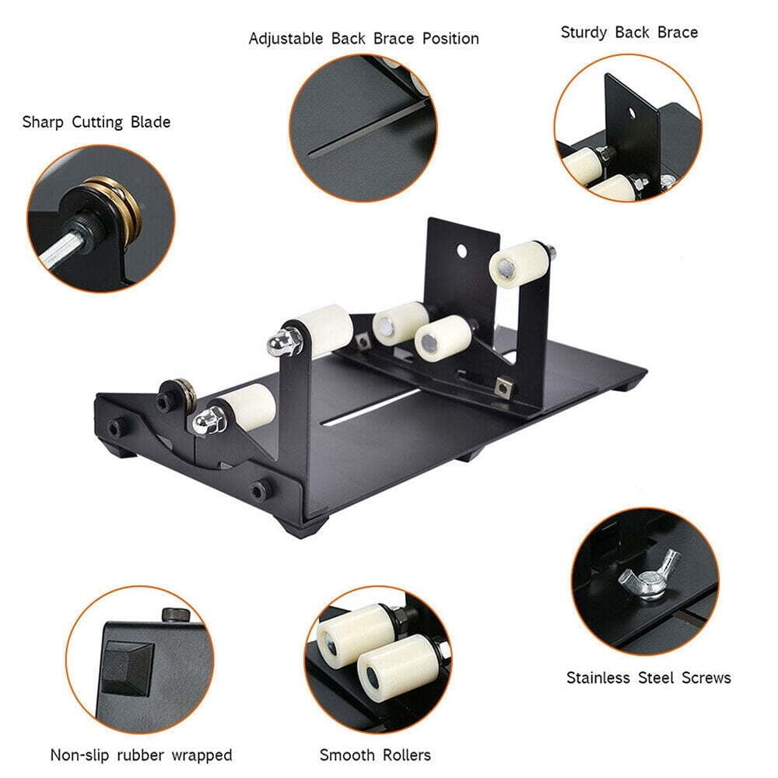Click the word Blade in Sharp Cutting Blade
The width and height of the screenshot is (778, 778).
(148, 122)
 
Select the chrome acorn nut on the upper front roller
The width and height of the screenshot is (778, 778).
(279, 339)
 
